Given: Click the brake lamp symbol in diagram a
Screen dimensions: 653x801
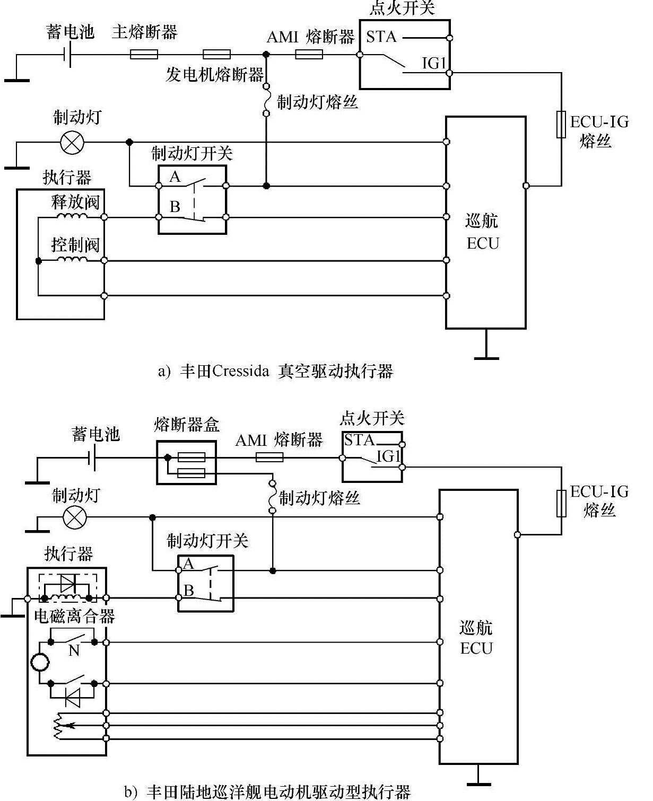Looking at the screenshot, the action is click(x=72, y=143).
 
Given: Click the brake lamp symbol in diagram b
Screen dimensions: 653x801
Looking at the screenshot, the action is click(x=74, y=517).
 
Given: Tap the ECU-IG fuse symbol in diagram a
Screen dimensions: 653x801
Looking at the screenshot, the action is click(x=561, y=125).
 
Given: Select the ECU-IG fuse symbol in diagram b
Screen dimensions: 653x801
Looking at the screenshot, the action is click(x=561, y=504).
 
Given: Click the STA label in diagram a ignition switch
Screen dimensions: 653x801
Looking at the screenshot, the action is click(x=381, y=37).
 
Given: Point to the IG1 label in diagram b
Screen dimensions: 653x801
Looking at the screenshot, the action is click(x=388, y=456).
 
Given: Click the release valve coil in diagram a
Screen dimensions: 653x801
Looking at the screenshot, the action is click(x=72, y=216).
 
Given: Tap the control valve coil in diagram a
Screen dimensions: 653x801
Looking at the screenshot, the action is click(x=72, y=259).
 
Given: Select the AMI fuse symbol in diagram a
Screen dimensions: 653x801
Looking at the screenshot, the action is click(x=309, y=55).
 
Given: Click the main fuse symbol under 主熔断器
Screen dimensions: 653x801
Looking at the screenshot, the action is click(x=144, y=55).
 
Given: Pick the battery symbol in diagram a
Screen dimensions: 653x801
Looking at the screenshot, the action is click(x=67, y=55).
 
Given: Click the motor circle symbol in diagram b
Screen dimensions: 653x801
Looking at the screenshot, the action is click(x=39, y=662).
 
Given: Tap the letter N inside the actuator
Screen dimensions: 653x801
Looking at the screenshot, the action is click(x=74, y=650).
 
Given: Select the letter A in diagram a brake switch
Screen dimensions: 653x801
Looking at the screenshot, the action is click(x=175, y=177).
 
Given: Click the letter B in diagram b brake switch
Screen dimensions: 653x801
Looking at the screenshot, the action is click(x=189, y=591).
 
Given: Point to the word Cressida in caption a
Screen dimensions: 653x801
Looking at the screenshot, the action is click(x=240, y=371).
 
